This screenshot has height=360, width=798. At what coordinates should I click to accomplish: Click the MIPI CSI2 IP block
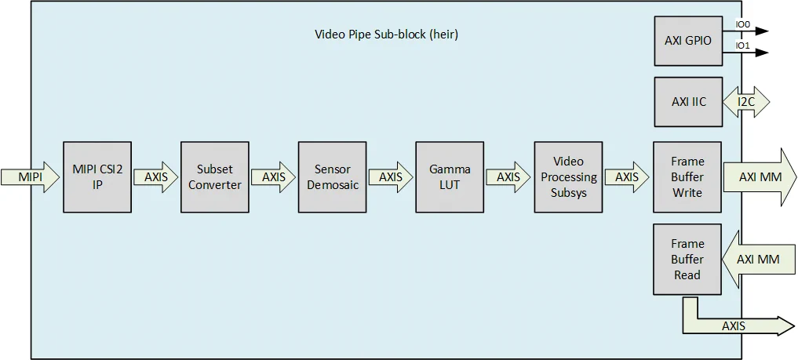97,177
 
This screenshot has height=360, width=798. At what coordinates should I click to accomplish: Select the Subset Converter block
215,177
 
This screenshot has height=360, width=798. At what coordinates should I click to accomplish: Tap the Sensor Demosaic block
332,177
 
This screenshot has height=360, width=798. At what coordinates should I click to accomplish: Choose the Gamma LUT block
450,177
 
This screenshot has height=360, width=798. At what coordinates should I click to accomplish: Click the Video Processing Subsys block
568,177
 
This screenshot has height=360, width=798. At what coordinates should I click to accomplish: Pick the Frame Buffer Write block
687,177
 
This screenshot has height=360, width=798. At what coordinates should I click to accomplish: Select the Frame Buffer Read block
687,260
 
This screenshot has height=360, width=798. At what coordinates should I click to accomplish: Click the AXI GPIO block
687,40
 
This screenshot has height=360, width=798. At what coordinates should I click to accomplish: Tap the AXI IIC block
687,102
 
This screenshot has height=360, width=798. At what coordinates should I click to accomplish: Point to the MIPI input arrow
30,177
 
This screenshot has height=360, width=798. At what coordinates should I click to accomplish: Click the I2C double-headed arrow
746,102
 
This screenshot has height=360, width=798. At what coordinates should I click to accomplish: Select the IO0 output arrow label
742,25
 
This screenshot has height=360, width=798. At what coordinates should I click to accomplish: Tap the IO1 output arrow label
742,46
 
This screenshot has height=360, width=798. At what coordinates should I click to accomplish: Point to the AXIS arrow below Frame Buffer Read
734,325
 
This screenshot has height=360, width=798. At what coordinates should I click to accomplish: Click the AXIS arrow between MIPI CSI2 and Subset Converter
156,177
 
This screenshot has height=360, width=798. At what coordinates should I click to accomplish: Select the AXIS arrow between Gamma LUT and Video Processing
508,177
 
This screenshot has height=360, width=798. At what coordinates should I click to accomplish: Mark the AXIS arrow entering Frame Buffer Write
627,177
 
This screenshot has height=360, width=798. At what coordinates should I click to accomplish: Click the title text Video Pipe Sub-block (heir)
386,35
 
